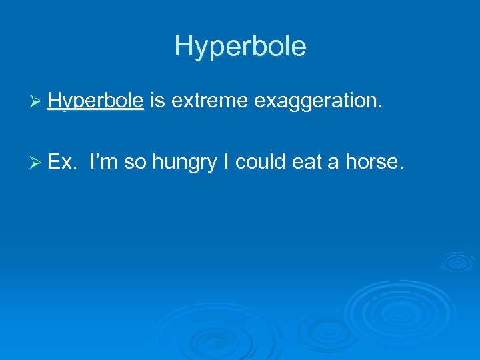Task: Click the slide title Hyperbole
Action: [240, 46]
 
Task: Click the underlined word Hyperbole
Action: [95, 101]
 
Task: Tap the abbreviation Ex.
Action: [63, 161]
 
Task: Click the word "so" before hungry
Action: [135, 161]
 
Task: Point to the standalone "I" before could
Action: [228, 161]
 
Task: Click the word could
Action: [262, 161]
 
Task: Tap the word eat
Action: [307, 161]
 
